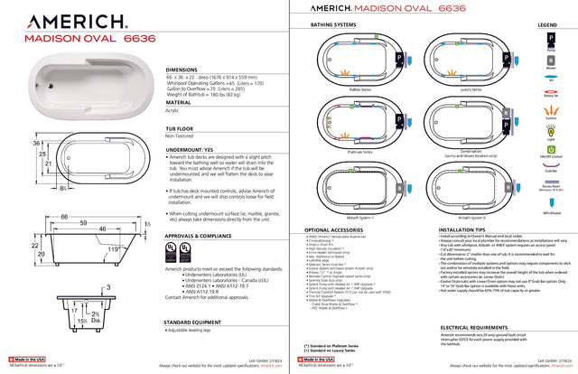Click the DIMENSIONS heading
click(x=188, y=69)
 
